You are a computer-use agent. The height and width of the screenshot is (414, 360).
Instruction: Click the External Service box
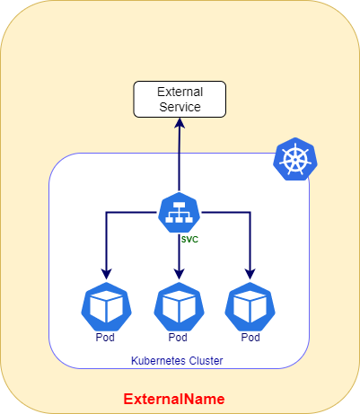click(180, 99)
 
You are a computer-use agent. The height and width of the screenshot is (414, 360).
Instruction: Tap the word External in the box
click(180, 92)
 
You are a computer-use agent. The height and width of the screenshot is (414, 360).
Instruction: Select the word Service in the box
click(180, 107)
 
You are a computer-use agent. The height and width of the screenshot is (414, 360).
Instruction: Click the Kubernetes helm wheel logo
click(295, 159)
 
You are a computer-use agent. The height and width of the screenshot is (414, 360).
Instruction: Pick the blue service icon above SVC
click(180, 213)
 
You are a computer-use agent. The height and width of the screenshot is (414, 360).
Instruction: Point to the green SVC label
click(189, 240)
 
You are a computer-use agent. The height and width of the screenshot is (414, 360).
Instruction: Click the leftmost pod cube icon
click(106, 306)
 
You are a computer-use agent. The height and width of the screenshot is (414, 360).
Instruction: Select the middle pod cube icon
click(179, 306)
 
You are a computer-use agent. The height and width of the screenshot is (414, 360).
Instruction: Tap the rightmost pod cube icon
click(250, 306)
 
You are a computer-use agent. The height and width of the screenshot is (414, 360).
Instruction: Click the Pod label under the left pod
click(105, 338)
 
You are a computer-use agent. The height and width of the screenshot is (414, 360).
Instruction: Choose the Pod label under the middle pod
click(178, 338)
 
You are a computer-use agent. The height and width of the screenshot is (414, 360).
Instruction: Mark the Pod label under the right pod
click(250, 338)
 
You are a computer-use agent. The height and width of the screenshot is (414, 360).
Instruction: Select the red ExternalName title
click(174, 399)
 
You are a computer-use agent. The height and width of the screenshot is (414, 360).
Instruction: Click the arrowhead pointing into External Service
click(180, 123)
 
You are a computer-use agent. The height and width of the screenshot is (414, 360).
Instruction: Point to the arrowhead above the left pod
click(106, 274)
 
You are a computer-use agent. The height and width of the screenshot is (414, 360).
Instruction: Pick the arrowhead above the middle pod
click(179, 274)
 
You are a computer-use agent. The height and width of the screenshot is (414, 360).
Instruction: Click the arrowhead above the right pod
click(250, 274)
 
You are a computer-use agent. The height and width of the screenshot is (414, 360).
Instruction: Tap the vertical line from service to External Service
click(180, 160)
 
